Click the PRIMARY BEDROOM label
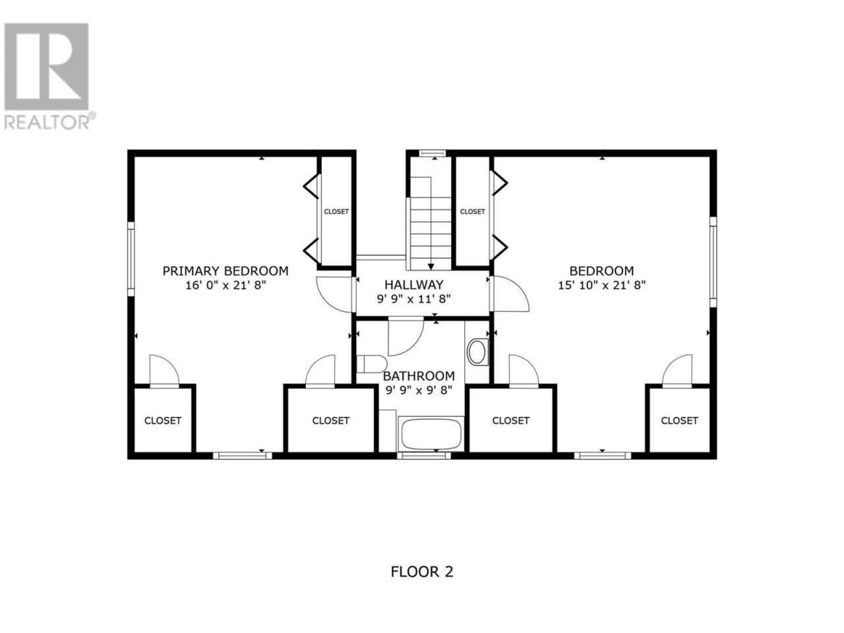point(226,271)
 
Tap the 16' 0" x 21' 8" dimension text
point(226,286)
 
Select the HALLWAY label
point(414,285)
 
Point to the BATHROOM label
point(419,375)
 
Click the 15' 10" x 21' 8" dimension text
point(602,286)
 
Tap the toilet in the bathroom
point(371,364)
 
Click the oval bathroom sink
point(477,351)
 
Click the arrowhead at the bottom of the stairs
point(431,266)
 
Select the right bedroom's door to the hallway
point(510,293)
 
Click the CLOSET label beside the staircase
point(473,212)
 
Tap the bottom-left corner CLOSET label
point(163,421)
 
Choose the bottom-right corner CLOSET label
point(679,421)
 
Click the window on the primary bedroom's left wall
point(131,259)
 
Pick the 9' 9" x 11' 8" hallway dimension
point(413,299)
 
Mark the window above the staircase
point(432,154)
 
